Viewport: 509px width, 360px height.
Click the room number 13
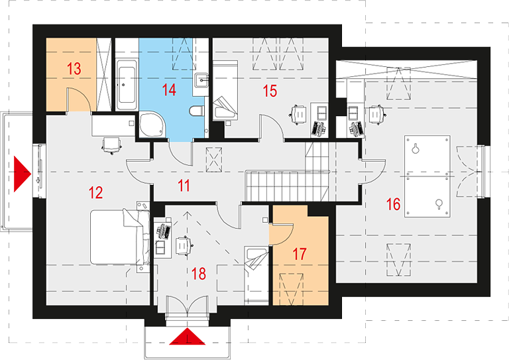coord(74,69)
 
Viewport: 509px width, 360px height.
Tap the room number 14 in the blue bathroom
coord(169,90)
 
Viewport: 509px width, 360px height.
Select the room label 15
coord(270,91)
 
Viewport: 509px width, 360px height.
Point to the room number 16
coord(393,204)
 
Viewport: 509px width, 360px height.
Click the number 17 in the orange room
coord(300,254)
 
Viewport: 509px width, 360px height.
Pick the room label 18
coord(199,274)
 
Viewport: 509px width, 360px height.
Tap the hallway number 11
coord(184,186)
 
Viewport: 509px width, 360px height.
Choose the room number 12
coord(95,192)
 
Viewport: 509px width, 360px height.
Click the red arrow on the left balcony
coord(22,174)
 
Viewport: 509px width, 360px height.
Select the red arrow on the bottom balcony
coord(188,336)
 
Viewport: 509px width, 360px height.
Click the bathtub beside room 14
coord(126,85)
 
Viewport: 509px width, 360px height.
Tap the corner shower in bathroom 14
coord(152,125)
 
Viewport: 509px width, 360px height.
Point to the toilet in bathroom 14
coord(196,111)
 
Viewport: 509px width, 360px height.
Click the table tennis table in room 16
coord(427,176)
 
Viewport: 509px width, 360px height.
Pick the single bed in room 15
coord(225,90)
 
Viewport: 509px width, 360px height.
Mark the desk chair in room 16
coord(376,114)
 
